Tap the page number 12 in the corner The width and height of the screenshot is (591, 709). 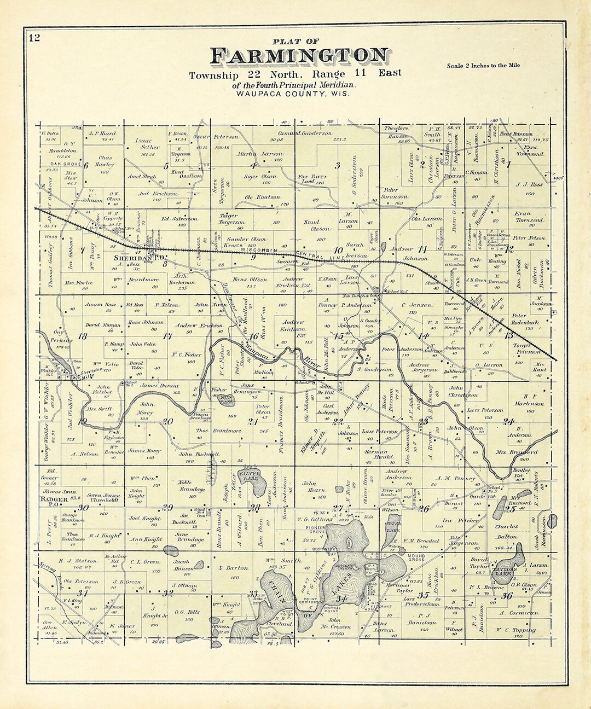(34, 38)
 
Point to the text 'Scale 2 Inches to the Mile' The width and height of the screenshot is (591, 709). (483, 66)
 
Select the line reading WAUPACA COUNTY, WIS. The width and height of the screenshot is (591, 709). (294, 94)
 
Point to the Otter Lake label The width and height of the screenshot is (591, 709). (392, 527)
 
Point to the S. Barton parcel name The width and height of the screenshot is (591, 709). (234, 568)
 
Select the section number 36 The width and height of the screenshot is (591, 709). (507, 596)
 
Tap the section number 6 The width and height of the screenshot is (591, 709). (86, 165)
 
